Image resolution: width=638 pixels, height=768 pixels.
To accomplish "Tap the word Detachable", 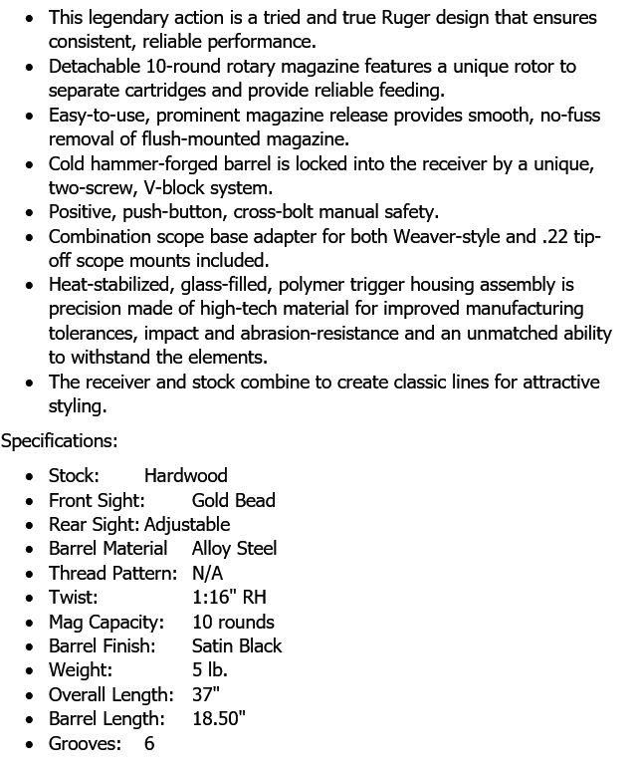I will coord(94,67).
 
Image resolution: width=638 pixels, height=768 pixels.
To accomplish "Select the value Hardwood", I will coord(185,475).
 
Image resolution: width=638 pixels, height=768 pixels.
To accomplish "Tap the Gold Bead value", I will coord(233,500).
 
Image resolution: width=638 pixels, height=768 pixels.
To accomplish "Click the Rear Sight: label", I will coord(95,524).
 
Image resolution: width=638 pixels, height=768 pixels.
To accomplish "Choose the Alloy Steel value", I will coord(234,548).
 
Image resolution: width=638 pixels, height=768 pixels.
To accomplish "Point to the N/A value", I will coord(207,573).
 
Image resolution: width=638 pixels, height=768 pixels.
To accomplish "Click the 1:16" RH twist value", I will coord(229,598).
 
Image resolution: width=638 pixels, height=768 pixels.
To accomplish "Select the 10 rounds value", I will coord(232,622).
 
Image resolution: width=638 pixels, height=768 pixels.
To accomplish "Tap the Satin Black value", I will coord(237,645).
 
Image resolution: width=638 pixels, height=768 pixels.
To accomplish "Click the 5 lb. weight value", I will coord(210,670).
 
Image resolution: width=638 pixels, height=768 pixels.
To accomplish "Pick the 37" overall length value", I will coord(206,694).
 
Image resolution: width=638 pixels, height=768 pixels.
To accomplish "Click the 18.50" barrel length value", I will coord(218,718).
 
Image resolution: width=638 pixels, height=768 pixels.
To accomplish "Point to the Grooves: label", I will coord(85,743).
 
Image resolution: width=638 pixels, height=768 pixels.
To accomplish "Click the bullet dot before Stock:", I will coord(30,476).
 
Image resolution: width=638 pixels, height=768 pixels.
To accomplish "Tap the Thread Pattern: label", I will coord(112,573).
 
